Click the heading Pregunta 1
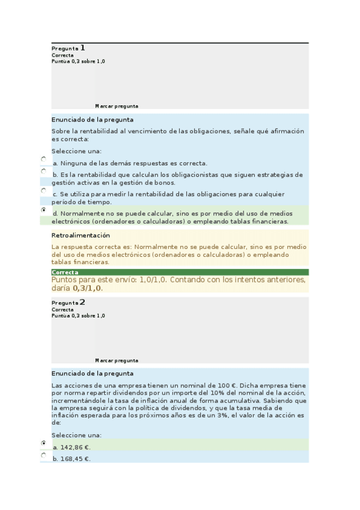[69, 48]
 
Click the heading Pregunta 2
[69, 303]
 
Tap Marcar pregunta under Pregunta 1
[117, 106]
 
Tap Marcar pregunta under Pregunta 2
[117, 360]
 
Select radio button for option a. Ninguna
[44, 159]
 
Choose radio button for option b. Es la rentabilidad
[44, 171]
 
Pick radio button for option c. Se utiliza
[44, 191]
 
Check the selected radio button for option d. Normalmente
[44, 210]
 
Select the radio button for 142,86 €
[44, 443]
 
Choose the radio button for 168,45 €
[44, 455]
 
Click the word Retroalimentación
[81, 235]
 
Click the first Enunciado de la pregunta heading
[93, 120]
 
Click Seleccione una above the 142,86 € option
[76, 435]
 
